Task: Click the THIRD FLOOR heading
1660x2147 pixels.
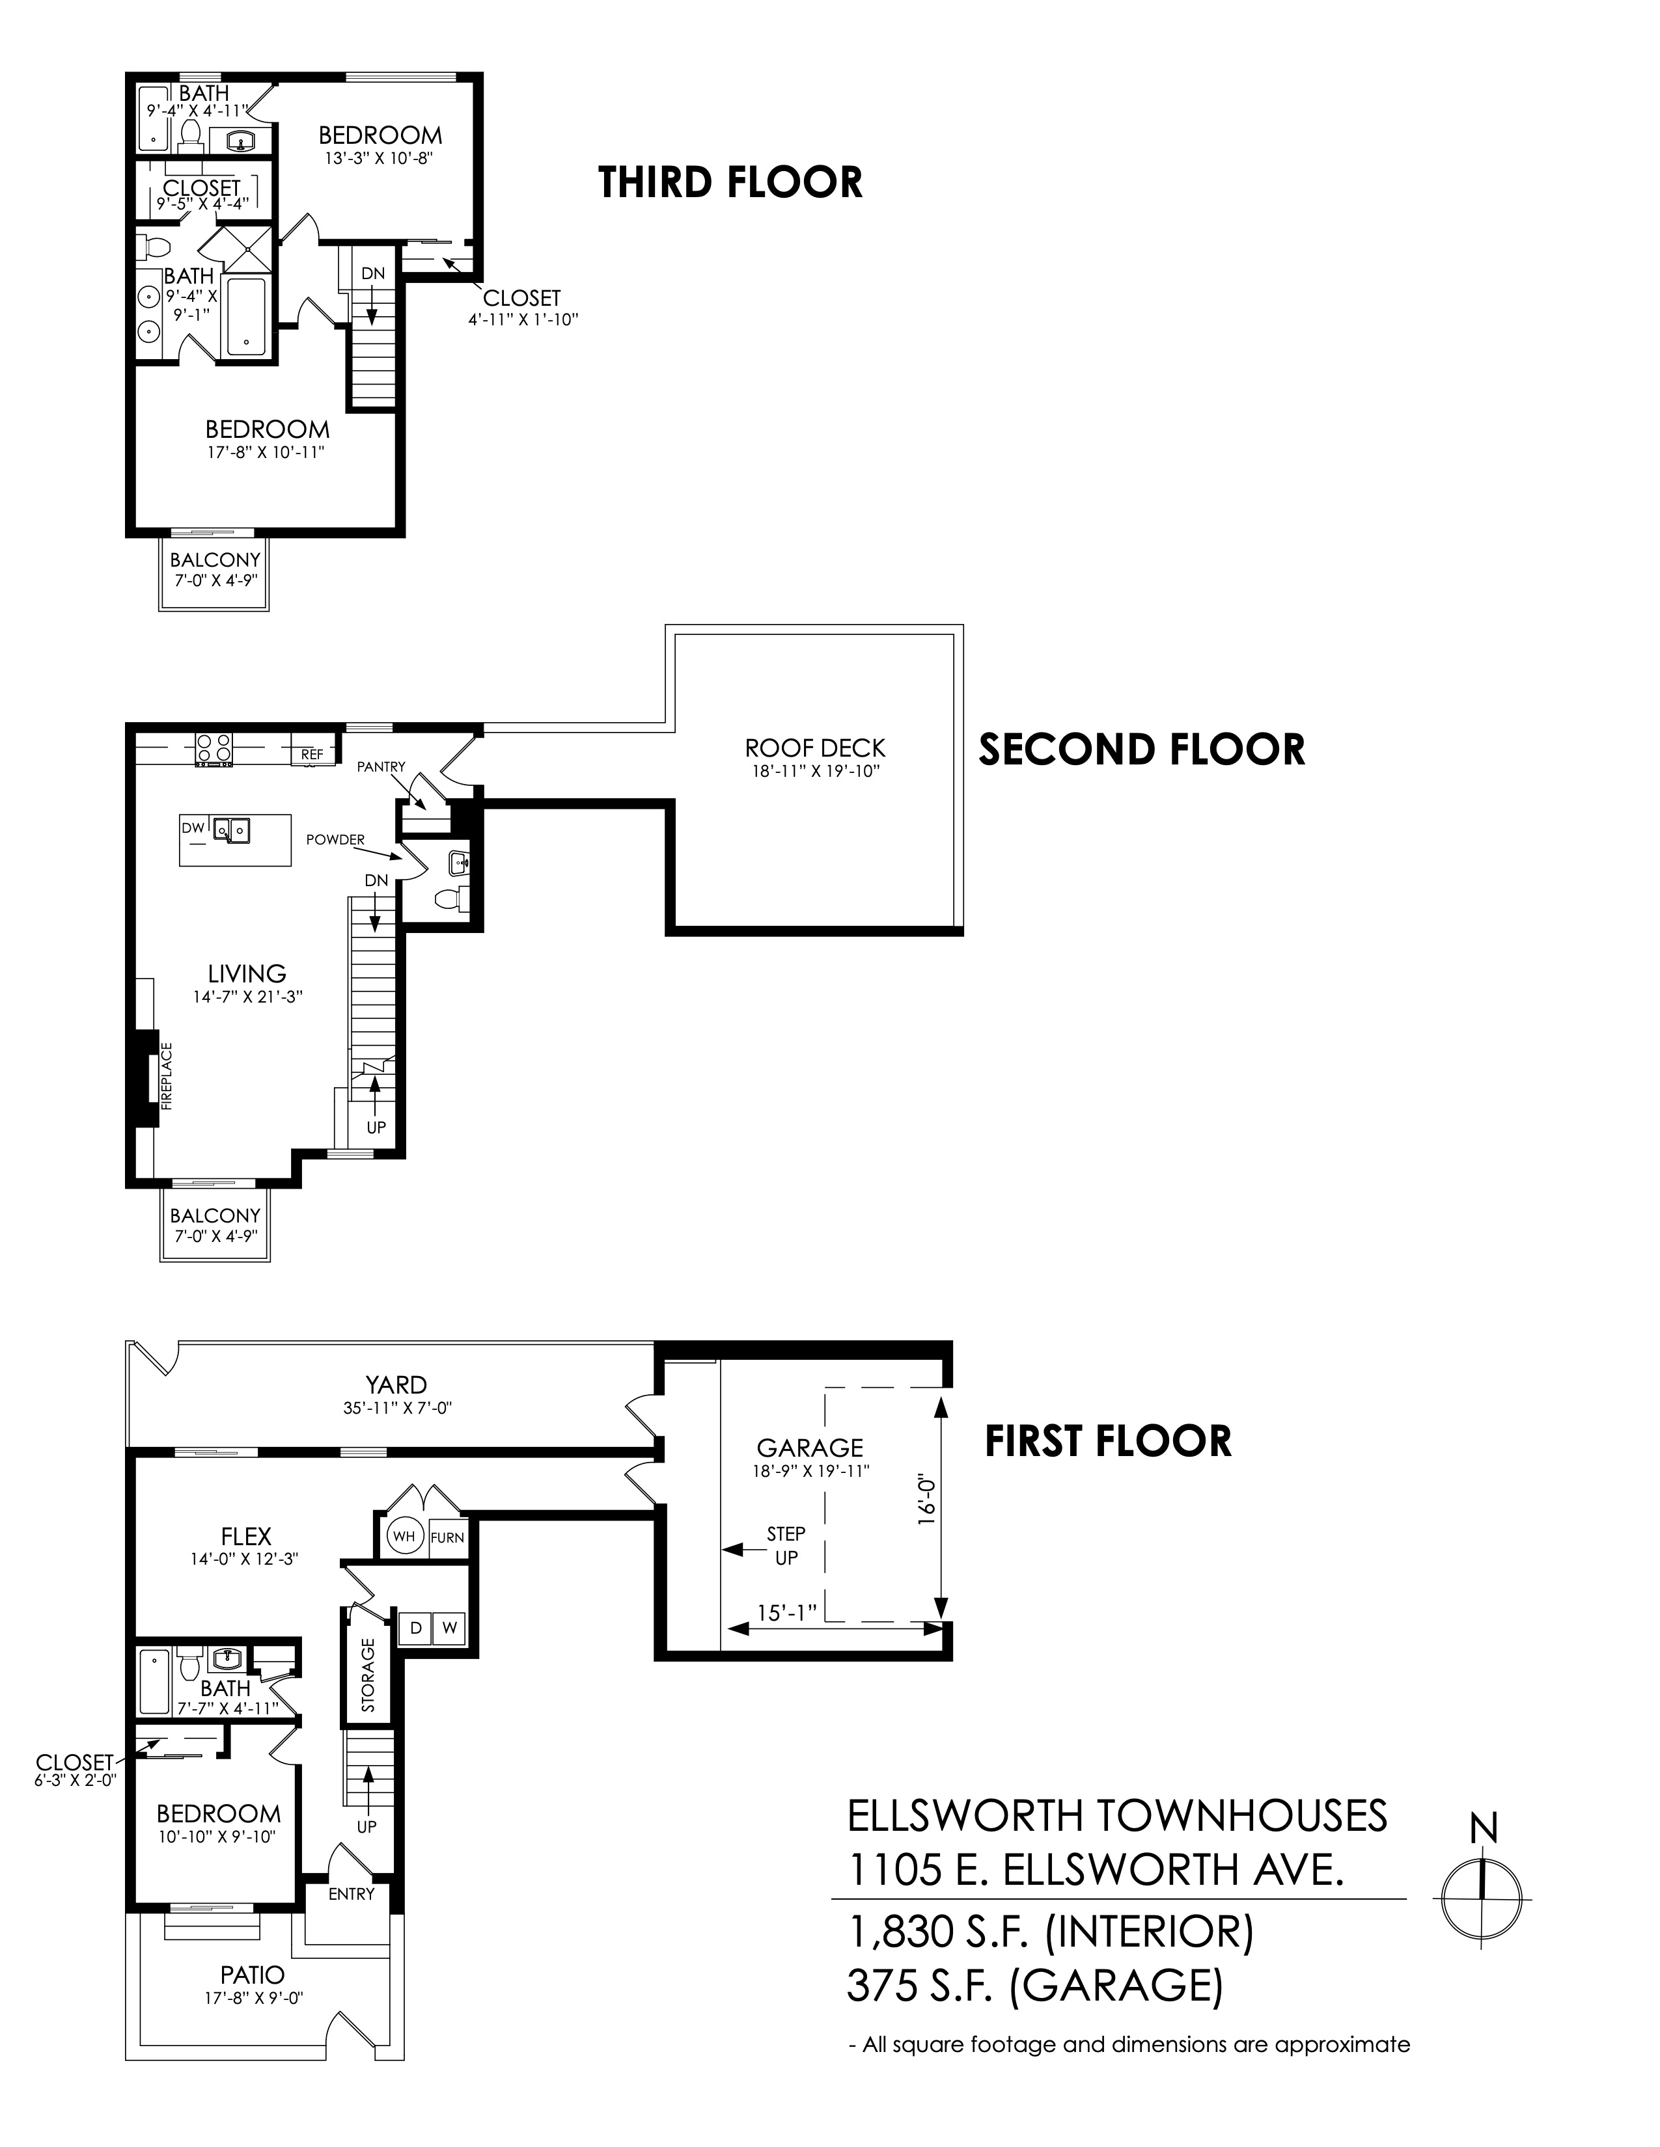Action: point(730,183)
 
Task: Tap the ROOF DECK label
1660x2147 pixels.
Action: point(815,748)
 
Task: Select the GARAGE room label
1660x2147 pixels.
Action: point(810,1447)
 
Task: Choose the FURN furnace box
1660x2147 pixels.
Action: point(447,1537)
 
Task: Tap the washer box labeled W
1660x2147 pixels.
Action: point(449,1628)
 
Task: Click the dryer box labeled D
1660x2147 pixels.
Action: point(416,1628)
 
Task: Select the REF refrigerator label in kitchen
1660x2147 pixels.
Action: point(312,754)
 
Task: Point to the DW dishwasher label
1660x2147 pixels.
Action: point(193,829)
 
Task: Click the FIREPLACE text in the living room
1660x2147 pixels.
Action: point(166,1077)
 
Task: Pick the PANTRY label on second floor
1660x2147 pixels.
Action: point(381,766)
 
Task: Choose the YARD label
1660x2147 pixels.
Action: point(397,1384)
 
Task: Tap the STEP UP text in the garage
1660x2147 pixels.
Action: point(786,1545)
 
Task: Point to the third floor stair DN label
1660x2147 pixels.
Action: point(373,273)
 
